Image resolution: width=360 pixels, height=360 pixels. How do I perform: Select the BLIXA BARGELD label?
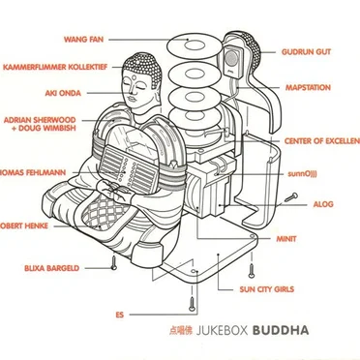click(x=49, y=267)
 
